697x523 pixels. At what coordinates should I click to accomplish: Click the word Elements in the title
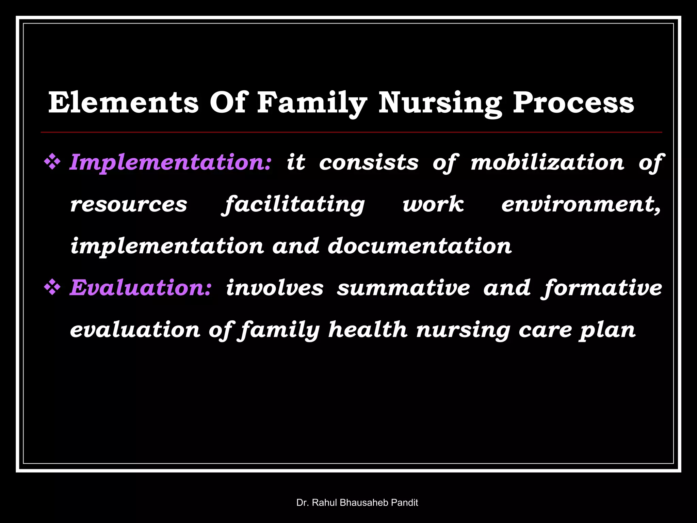coord(123,103)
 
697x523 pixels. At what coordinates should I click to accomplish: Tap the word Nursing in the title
coord(440,103)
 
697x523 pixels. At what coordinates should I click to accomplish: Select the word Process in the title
coord(573,103)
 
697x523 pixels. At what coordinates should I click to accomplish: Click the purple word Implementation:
coord(170,162)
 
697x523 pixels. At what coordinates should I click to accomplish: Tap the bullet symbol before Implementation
coord(52,162)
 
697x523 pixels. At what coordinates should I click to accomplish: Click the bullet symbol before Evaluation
coord(52,288)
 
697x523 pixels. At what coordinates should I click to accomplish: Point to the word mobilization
coord(547,162)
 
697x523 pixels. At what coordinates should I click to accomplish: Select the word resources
coord(129,204)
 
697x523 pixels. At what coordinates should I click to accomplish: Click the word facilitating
coord(293,204)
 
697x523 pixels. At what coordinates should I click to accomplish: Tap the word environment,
coord(581,204)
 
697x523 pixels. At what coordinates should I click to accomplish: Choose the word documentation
coord(420,246)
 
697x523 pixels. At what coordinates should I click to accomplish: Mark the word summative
coord(403,288)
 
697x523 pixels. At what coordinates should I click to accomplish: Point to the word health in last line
coord(368,330)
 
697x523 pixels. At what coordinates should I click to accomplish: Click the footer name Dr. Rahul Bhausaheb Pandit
coord(357,503)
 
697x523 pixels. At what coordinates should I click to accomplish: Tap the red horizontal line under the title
coord(351,132)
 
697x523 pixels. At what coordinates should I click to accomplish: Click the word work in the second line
coord(433,204)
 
